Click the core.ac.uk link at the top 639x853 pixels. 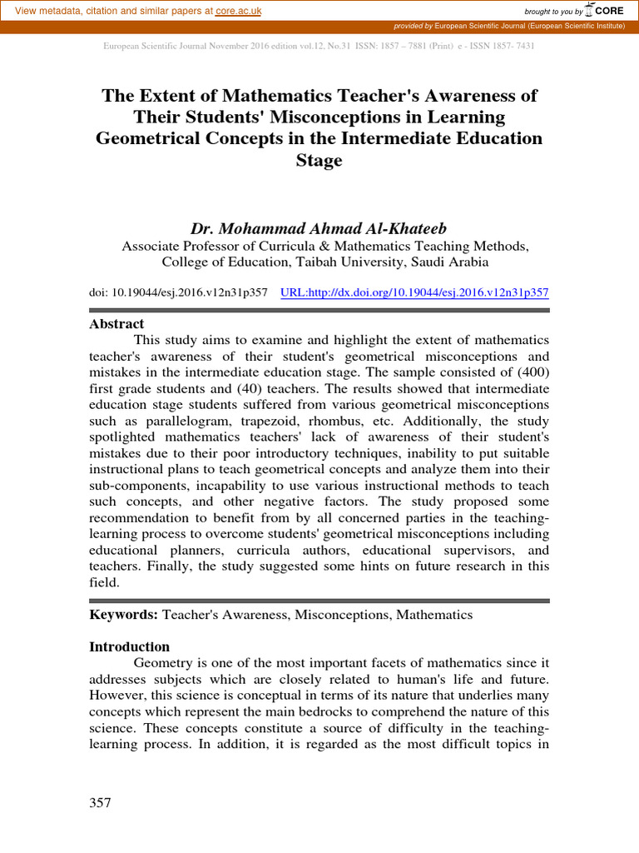point(238,10)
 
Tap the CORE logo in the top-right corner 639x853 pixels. point(607,10)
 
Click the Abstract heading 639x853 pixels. point(116,324)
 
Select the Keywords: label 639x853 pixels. point(123,615)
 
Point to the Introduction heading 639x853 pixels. point(129,647)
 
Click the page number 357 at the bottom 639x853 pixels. point(100,803)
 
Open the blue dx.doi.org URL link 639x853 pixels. point(415,293)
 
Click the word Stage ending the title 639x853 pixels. point(319,160)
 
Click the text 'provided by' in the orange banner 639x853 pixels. point(414,27)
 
